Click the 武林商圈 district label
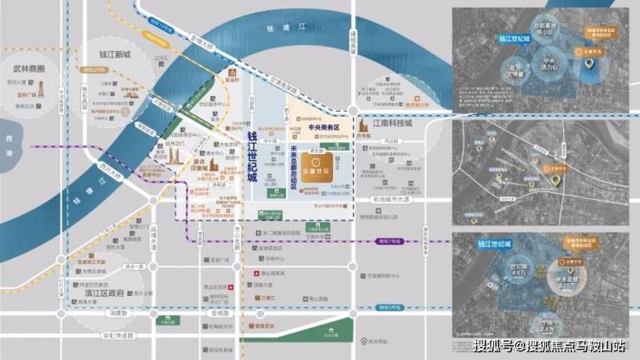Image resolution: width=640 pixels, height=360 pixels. tap(35, 67)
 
